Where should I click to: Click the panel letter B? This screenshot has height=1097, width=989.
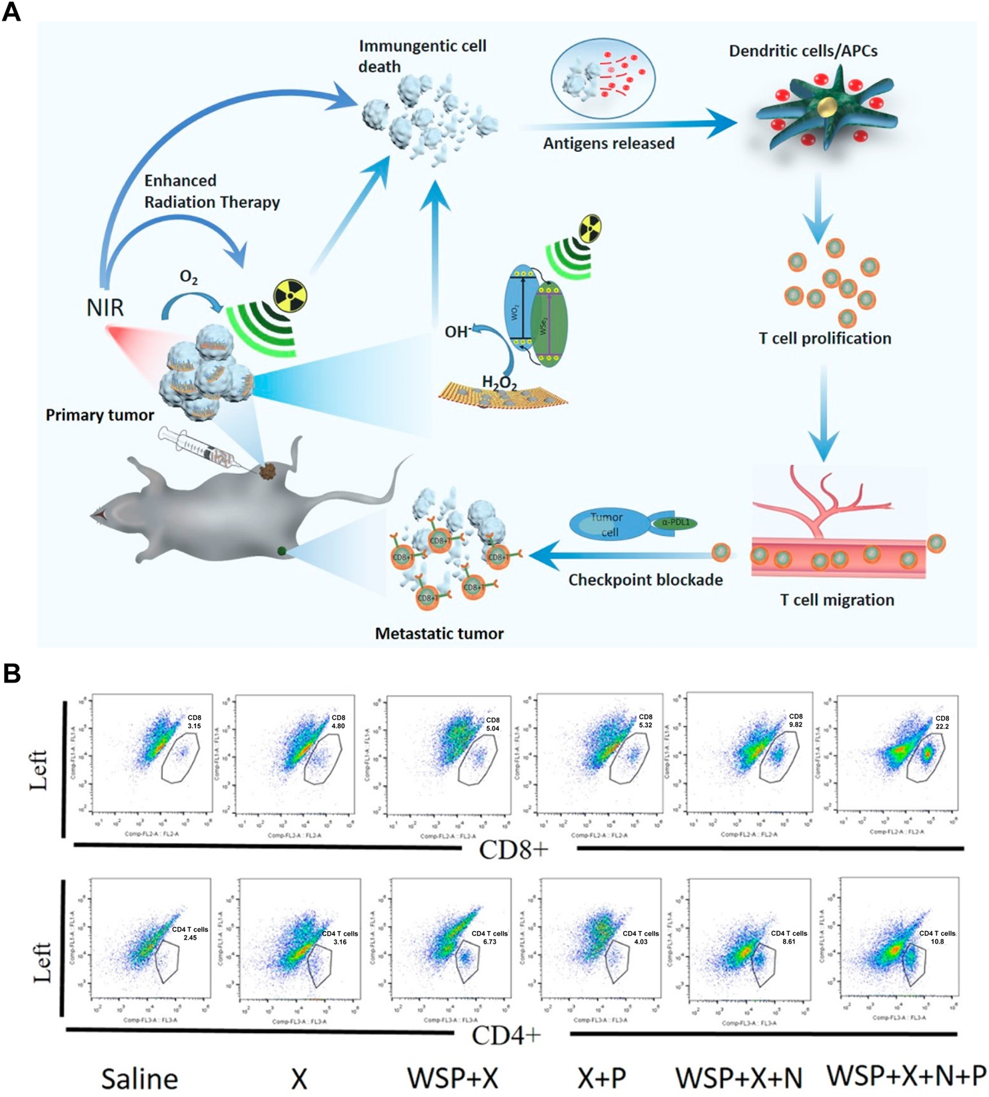click(11, 673)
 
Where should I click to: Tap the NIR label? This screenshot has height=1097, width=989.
click(105, 308)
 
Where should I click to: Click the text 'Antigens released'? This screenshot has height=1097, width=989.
click(608, 143)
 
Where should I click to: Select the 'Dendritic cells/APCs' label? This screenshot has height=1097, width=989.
click(803, 51)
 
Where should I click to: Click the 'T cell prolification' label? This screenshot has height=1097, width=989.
click(824, 339)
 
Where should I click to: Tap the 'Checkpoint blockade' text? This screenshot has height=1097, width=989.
click(645, 580)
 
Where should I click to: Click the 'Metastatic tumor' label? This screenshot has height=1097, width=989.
click(439, 633)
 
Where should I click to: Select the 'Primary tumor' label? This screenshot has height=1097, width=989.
click(100, 415)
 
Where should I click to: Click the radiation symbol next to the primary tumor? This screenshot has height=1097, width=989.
click(291, 295)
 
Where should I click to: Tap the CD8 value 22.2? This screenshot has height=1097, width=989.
click(942, 726)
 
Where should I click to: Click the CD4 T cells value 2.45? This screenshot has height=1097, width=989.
click(191, 938)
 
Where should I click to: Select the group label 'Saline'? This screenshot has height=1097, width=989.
click(139, 1078)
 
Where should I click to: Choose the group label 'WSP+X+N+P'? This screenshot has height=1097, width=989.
click(906, 1075)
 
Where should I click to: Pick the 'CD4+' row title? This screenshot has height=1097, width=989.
click(506, 1036)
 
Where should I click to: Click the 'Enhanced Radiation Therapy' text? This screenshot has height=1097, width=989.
click(212, 191)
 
